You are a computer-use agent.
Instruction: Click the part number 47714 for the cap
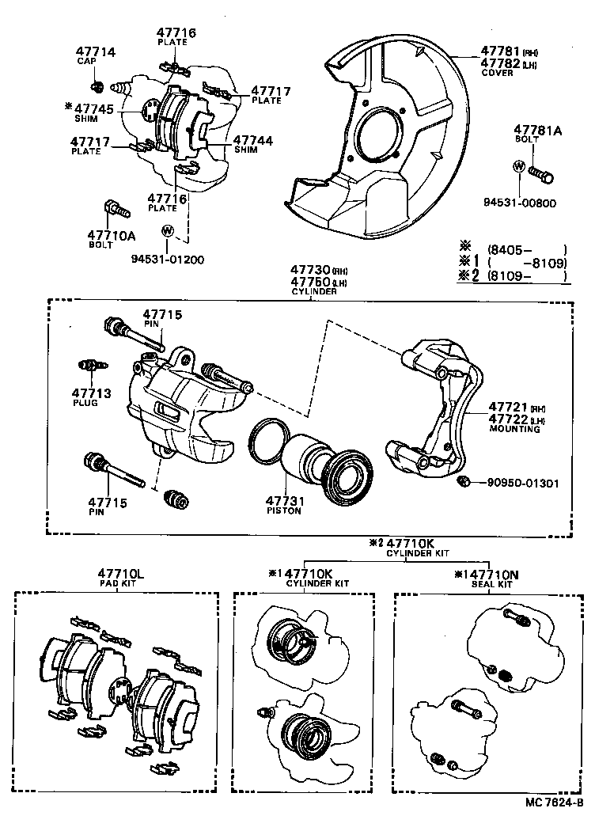point(96,52)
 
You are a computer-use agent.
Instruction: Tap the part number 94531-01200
point(167,259)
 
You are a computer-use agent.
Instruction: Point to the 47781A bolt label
point(537,131)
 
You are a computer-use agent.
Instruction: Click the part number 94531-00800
point(519,203)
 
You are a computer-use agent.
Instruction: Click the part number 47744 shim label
point(253,140)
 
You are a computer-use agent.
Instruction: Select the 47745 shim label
point(93,108)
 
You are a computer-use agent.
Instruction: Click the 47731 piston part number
point(284,501)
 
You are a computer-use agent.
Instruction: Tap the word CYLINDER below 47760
point(315,291)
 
